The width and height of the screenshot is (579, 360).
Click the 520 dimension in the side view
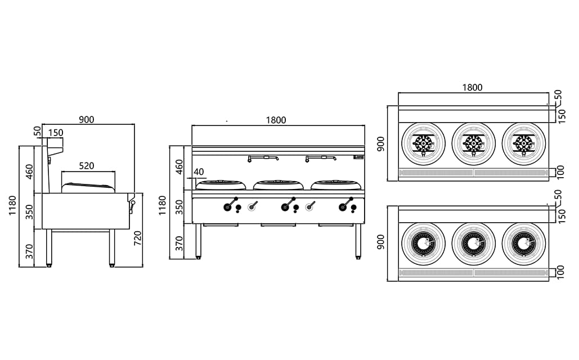pyautogui.click(x=86, y=166)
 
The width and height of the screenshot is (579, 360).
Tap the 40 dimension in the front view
pyautogui.click(x=199, y=172)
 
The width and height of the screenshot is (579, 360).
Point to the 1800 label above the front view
pyautogui.click(x=276, y=120)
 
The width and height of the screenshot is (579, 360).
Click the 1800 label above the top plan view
pyautogui.click(x=472, y=87)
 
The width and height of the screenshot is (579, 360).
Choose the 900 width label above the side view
pyautogui.click(x=86, y=119)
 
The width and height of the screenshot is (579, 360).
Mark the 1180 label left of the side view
pyautogui.click(x=13, y=206)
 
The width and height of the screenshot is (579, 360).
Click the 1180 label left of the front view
pyautogui.click(x=163, y=206)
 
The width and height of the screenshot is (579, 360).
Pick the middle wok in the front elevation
pyautogui.click(x=278, y=184)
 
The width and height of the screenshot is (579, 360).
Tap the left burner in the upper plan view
pyautogui.click(x=423, y=143)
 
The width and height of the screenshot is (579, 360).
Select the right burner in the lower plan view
pyautogui.click(x=523, y=243)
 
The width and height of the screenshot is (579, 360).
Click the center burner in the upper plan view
pyautogui.click(x=473, y=143)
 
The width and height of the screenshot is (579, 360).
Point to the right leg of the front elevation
pyautogui.click(x=358, y=241)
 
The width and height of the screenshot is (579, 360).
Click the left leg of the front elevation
pyautogui.click(x=199, y=241)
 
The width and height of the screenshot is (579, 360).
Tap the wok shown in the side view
pyautogui.click(x=87, y=187)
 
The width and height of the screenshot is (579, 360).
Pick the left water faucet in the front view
pyautogui.click(x=263, y=158)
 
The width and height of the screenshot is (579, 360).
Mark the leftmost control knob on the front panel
pyautogui.click(x=227, y=208)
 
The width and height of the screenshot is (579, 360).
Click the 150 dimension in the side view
pyautogui.click(x=56, y=133)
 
